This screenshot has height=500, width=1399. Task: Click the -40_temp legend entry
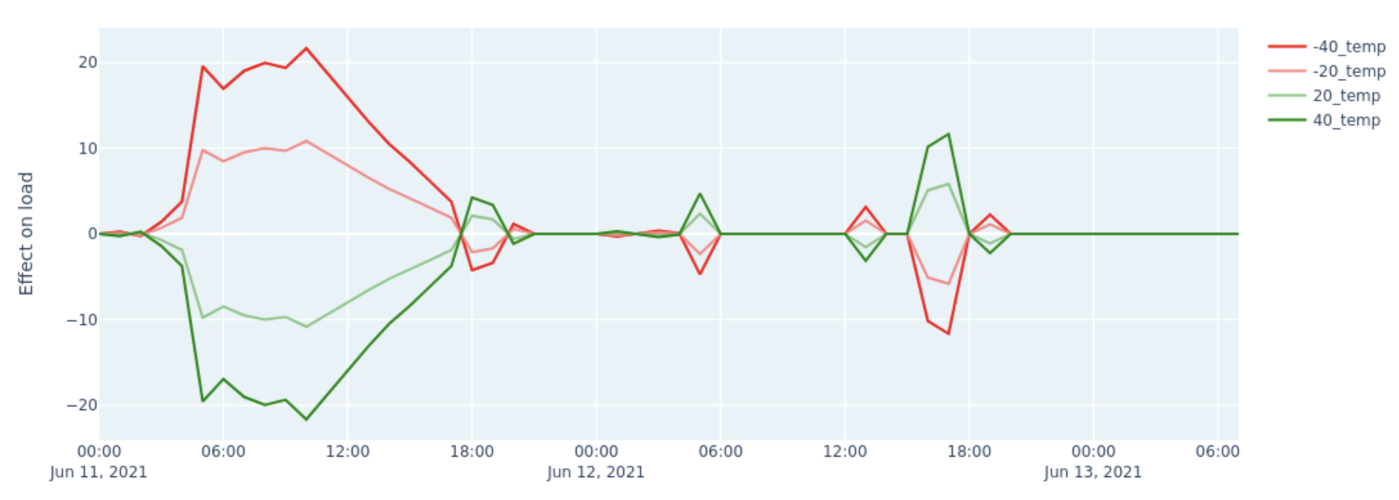coord(1348,47)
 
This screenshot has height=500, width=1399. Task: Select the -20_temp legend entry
coord(1348,72)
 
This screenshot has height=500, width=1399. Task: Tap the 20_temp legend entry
coord(1346,96)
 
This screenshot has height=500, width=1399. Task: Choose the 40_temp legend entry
coord(1346,120)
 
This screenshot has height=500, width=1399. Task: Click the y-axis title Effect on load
coord(26,234)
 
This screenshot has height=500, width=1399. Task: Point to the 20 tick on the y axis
coord(88,63)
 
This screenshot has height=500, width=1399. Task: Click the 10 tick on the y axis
coord(88,148)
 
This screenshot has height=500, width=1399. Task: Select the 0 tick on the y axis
coord(92,234)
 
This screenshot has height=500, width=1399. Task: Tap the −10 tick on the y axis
coord(82,320)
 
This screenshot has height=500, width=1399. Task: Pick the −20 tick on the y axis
coord(82,405)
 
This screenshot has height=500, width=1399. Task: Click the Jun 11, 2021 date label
coord(99,472)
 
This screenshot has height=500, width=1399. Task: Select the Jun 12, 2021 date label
coord(596,472)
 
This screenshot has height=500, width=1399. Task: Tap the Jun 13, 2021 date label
coord(1093,472)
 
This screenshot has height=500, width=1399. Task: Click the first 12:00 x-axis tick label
coord(348,451)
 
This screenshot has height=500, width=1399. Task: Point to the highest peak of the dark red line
coord(306,48)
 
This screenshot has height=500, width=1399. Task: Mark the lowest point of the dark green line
coord(306,419)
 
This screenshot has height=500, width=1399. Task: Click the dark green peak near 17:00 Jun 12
coord(948,134)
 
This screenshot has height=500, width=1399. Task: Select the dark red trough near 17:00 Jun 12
coord(948,334)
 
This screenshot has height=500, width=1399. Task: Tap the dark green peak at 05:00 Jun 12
coord(700,193)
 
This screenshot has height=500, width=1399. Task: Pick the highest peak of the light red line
coord(306,140)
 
